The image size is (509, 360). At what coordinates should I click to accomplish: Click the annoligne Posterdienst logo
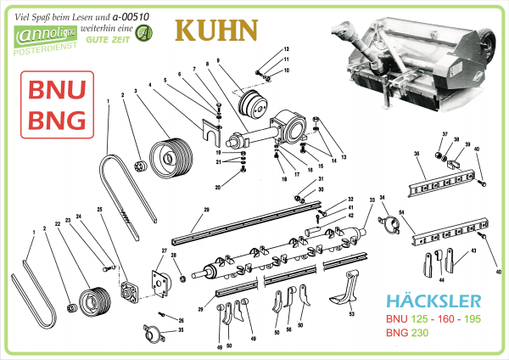(x=42, y=39)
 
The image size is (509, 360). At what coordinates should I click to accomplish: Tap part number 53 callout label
(x=350, y=313)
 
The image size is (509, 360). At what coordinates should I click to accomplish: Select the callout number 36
(x=417, y=154)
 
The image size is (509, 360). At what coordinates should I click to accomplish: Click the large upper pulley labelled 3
(x=167, y=158)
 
